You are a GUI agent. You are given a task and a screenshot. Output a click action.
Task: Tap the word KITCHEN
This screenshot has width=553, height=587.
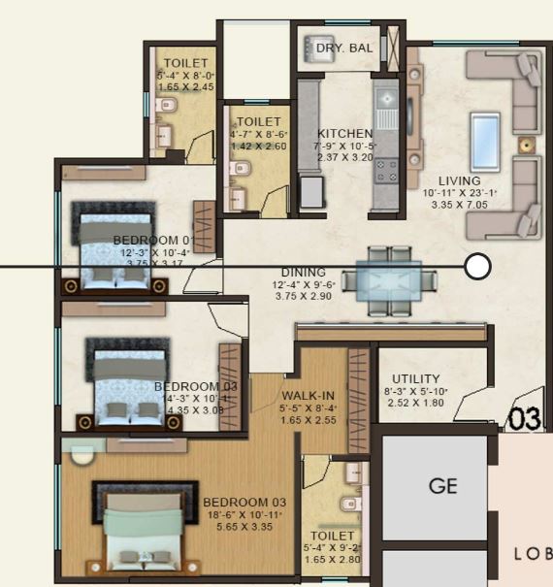[x=344, y=134]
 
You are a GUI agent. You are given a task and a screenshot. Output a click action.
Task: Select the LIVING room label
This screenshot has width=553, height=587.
[x=459, y=181]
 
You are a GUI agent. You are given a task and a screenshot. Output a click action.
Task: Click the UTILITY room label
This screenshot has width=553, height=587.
[x=415, y=378]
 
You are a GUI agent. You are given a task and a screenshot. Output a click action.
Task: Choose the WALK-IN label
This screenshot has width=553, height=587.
[x=309, y=396]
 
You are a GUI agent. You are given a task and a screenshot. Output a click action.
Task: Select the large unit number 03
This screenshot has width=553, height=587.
[x=525, y=419]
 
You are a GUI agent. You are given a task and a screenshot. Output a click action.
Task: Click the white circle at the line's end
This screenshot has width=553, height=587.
[x=477, y=266]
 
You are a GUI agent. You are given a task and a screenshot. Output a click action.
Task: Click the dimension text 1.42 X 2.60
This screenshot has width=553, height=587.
[x=258, y=147]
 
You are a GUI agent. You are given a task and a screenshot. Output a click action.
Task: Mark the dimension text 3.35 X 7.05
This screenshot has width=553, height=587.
[x=459, y=206]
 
